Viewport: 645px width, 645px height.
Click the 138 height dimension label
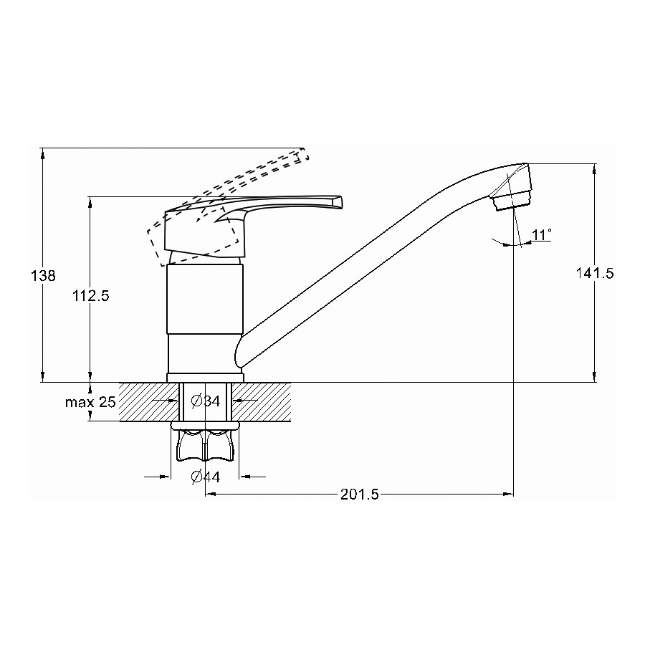pyautogui.click(x=43, y=276)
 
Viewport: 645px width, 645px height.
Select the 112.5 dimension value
pyautogui.click(x=91, y=295)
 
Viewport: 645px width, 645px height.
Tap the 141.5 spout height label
pyautogui.click(x=594, y=273)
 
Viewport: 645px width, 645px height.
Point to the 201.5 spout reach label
pyautogui.click(x=360, y=494)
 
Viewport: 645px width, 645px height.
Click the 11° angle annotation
pyautogui.click(x=541, y=235)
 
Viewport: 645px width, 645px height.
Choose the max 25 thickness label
pyautogui.click(x=90, y=402)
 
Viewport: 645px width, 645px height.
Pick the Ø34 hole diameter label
pyautogui.click(x=206, y=401)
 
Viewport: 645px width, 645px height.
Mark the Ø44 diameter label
pyautogui.click(x=206, y=477)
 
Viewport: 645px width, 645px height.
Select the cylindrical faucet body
pyautogui.click(x=205, y=299)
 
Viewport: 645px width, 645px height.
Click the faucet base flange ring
pyautogui.click(x=205, y=377)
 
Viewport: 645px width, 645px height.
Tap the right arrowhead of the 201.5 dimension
pyautogui.click(x=508, y=494)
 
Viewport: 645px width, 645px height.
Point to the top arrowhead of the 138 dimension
pyautogui.click(x=43, y=153)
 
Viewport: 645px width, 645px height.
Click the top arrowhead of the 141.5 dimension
pyautogui.click(x=594, y=168)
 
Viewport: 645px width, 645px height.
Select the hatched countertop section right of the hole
pyautogui.click(x=261, y=401)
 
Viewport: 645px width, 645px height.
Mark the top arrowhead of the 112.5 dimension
pyautogui.click(x=90, y=202)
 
